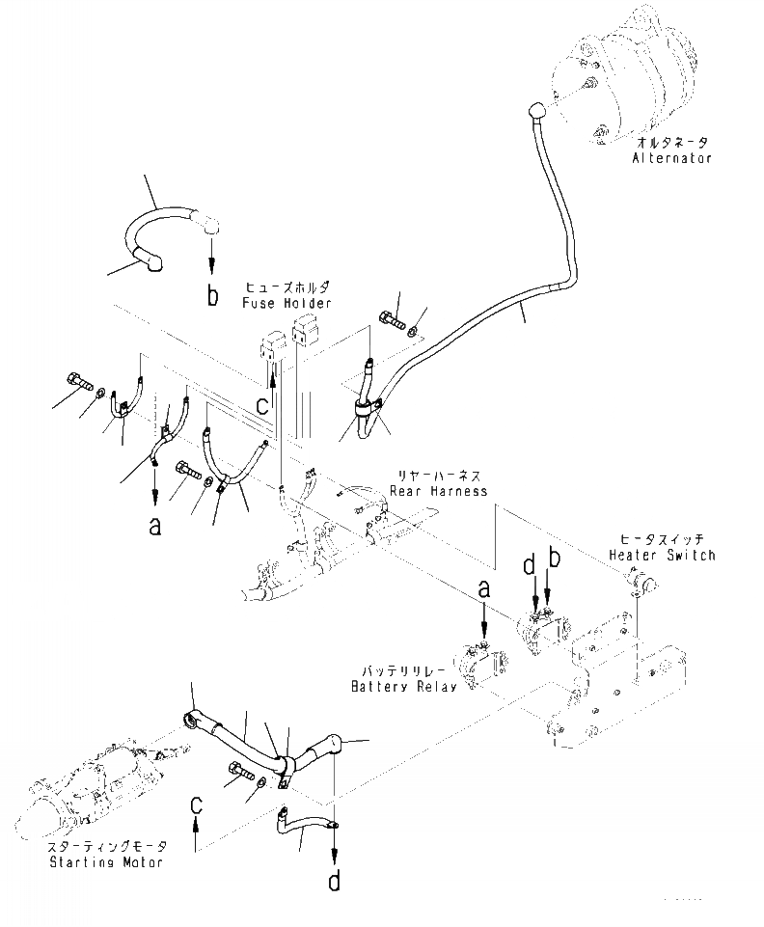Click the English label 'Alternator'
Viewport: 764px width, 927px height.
pyautogui.click(x=672, y=157)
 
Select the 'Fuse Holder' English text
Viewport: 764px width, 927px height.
pyautogui.click(x=286, y=303)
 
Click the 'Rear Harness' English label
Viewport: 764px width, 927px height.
pyautogui.click(x=436, y=490)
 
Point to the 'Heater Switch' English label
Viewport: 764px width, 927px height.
pyautogui.click(x=662, y=556)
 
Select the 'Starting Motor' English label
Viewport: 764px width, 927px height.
pyautogui.click(x=107, y=861)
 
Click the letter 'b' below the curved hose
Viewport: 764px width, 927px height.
pyautogui.click(x=212, y=296)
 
